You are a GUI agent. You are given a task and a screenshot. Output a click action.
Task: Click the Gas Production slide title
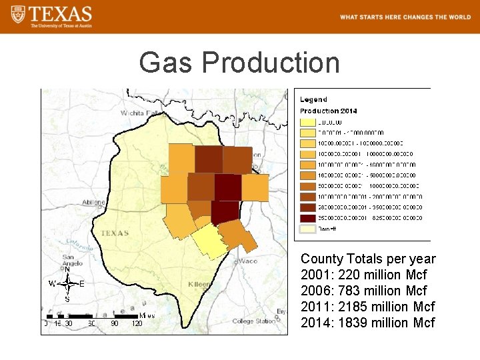point(239,63)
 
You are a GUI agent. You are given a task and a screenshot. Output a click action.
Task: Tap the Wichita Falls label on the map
point(142,113)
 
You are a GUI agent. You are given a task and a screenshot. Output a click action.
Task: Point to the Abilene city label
point(94,202)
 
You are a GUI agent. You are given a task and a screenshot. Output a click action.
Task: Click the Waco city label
point(248,261)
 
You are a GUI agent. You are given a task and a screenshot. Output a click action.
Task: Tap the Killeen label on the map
point(199,284)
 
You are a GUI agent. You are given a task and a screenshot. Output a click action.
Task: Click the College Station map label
point(253,321)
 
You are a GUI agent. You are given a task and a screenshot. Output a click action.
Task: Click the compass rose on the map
point(67,284)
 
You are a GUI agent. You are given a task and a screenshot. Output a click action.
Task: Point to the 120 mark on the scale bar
point(137,323)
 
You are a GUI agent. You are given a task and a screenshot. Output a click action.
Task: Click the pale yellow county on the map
point(211,241)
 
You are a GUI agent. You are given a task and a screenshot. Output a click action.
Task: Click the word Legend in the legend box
point(313,99)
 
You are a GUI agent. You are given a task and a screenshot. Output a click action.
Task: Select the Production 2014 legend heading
point(328,111)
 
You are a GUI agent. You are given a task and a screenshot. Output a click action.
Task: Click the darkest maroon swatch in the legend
point(307,218)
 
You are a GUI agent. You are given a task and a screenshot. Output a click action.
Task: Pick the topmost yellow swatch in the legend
point(307,122)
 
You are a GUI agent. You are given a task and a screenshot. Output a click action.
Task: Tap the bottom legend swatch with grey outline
point(307,229)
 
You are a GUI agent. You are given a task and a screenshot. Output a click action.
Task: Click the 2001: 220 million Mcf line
point(364,275)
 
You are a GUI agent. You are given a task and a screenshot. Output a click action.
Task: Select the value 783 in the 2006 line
point(354,291)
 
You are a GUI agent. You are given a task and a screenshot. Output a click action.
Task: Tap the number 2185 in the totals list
point(357,307)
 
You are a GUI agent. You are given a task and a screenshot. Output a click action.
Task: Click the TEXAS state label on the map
point(114,233)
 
